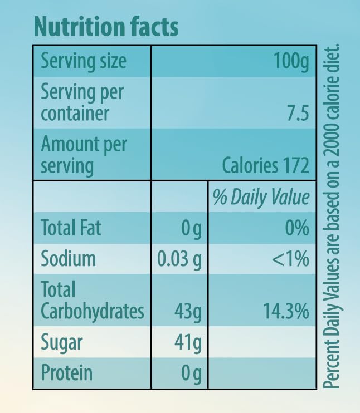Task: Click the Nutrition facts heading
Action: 106,26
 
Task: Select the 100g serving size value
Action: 291,61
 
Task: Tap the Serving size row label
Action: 84,61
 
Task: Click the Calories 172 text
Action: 265,165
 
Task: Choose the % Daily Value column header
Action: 261,198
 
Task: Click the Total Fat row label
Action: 71,228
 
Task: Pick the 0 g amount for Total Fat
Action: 192,229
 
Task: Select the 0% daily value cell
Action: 295,228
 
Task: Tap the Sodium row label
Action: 69,259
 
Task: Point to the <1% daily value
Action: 290,259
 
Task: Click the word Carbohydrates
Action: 93,311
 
